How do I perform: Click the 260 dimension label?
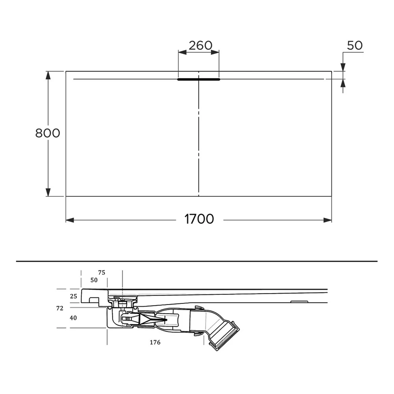coord(200,45)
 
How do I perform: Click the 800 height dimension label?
coord(48,133)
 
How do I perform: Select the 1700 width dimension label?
coord(199,219)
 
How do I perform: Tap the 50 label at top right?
coord(355,45)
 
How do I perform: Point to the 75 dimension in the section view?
coord(102,273)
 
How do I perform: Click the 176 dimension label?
coord(155,342)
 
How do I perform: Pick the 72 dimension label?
coord(60,308)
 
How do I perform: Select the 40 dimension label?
coord(73,318)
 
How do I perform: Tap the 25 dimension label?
coord(73,296)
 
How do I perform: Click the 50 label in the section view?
coord(94,280)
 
